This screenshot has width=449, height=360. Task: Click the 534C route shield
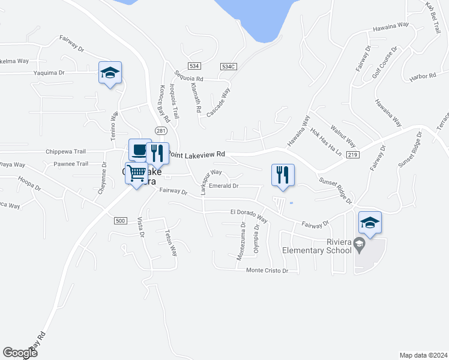[228, 66]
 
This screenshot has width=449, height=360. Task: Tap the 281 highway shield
[160, 131]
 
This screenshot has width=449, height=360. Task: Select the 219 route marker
[352, 155]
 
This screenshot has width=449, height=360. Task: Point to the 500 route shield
[120, 221]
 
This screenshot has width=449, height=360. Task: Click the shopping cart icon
[136, 173]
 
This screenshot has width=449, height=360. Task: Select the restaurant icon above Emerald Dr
[283, 175]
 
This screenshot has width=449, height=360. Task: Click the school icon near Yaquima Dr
[110, 73]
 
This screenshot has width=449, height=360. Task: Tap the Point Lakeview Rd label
[197, 154]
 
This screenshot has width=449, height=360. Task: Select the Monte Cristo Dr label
[268, 271]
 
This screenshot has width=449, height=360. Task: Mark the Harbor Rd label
[423, 76]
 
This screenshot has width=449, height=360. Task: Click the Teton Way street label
[171, 243]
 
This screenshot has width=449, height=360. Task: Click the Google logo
[20, 353]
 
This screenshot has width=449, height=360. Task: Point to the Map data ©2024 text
[423, 355]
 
